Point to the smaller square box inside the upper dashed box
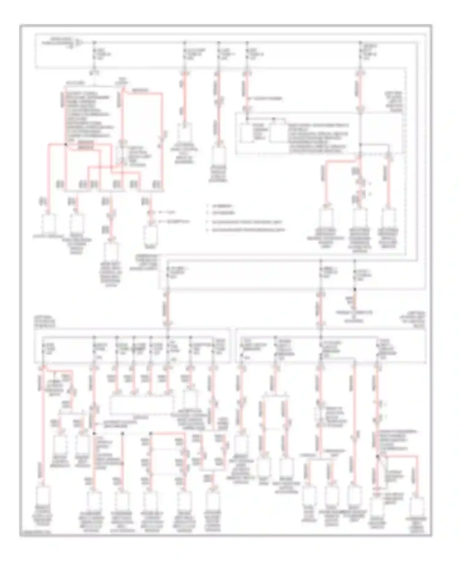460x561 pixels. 247,133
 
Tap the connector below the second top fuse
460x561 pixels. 185,133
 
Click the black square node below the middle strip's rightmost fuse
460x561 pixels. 355,289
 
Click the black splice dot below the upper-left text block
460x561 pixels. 66,144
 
